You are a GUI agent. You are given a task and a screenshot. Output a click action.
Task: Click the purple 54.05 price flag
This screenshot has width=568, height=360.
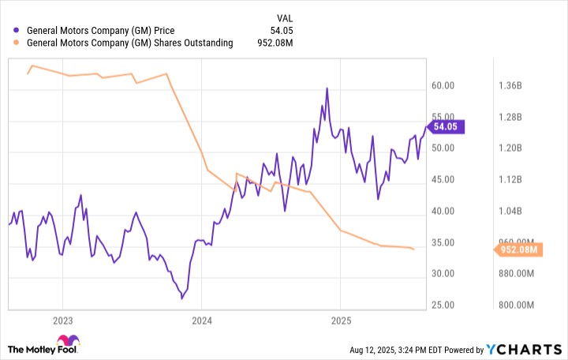pyautogui.click(x=447, y=126)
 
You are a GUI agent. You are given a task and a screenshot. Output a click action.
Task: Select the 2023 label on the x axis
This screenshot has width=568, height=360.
pyautogui.click(x=62, y=321)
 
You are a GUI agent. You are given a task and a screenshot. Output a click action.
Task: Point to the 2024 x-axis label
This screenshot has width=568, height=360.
pyautogui.click(x=201, y=321)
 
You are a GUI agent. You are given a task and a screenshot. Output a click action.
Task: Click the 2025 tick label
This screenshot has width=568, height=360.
pyautogui.click(x=339, y=321)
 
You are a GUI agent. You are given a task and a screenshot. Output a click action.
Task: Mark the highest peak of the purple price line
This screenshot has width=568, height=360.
pyautogui.click(x=327, y=88)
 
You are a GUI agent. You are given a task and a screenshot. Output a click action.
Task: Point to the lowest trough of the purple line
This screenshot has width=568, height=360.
pyautogui.click(x=181, y=298)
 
